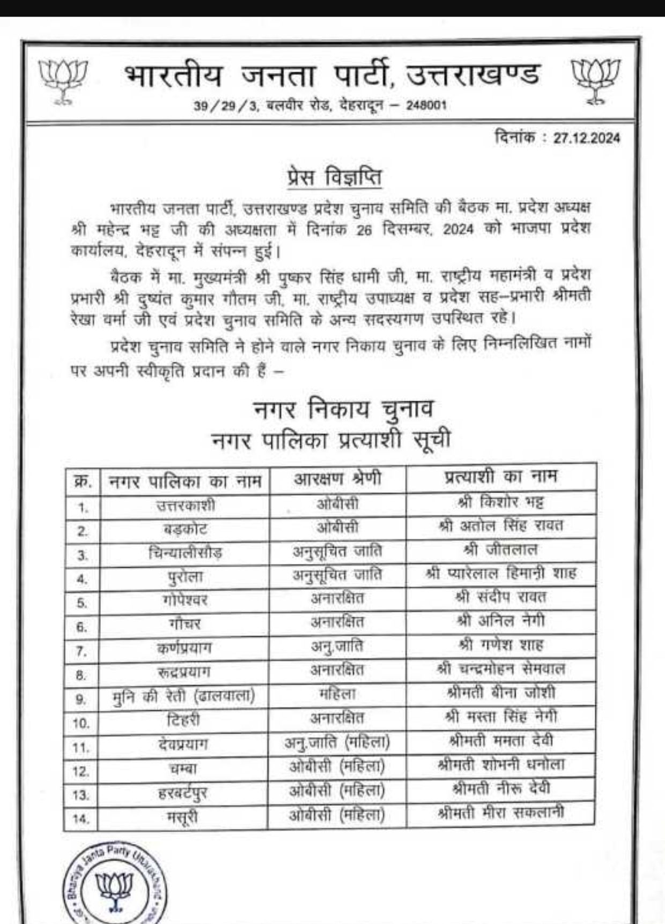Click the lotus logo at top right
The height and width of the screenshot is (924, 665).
coord(595,80)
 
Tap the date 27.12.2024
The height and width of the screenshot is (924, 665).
coord(586,138)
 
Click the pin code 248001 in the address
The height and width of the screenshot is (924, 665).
coord(426,106)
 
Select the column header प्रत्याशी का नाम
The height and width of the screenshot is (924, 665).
coord(500,476)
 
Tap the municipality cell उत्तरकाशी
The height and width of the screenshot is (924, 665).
coord(185,505)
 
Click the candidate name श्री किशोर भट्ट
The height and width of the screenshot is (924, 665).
coord(500,502)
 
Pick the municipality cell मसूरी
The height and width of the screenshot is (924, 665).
coord(183,818)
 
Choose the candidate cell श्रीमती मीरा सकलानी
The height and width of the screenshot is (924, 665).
coord(500,813)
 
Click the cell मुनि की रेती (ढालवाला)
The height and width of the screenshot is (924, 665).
coord(184,696)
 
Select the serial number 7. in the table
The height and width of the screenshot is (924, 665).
coord(82,651)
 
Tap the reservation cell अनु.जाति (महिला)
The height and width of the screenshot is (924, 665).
coord(337,743)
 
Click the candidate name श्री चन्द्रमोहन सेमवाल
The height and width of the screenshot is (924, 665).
coord(500,669)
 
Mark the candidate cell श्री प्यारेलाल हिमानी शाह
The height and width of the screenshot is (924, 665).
coord(500,574)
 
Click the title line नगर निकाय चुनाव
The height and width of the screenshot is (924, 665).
coord(343,410)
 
